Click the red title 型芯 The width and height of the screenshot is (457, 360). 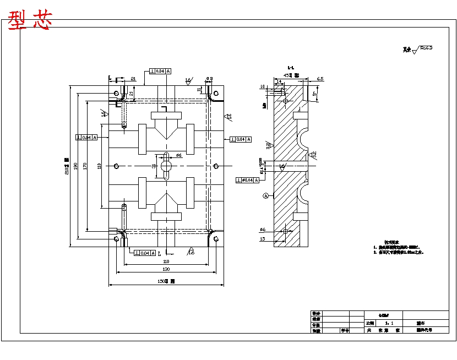(x=30, y=20)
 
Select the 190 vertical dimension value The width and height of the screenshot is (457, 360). (x=76, y=165)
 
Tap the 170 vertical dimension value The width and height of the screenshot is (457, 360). (x=85, y=165)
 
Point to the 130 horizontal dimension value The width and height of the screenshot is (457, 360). (x=166, y=269)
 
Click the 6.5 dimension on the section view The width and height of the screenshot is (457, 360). (x=320, y=79)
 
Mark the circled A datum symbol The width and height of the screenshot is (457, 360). (x=266, y=195)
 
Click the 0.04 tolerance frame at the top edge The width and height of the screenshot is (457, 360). (x=160, y=71)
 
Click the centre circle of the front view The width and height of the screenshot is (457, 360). (x=166, y=166)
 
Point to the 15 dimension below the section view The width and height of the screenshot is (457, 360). (x=262, y=238)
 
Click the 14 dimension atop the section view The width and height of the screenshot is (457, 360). (x=279, y=81)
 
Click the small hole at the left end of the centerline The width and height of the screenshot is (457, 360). (x=116, y=166)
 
